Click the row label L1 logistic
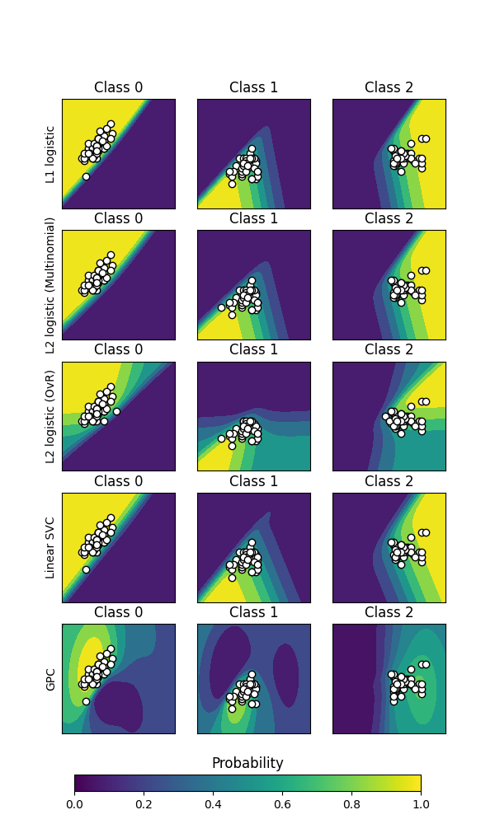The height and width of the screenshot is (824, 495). tap(49, 154)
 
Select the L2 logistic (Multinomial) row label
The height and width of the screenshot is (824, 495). tap(49, 285)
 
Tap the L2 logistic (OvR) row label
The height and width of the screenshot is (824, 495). tap(49, 416)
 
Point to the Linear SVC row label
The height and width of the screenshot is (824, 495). tap(49, 548)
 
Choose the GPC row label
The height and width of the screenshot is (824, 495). tap(49, 679)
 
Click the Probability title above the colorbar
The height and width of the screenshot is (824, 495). tap(247, 763)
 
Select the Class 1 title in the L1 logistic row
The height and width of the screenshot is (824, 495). tap(254, 87)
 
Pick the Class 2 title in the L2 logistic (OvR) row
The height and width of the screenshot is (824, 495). tap(389, 349)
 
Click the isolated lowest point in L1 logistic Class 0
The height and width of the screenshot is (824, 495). tap(86, 176)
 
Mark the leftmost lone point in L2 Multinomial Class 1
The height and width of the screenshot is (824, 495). tap(221, 307)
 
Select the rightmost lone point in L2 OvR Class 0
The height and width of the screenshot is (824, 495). tap(116, 411)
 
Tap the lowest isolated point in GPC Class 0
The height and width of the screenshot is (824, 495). tap(86, 701)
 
